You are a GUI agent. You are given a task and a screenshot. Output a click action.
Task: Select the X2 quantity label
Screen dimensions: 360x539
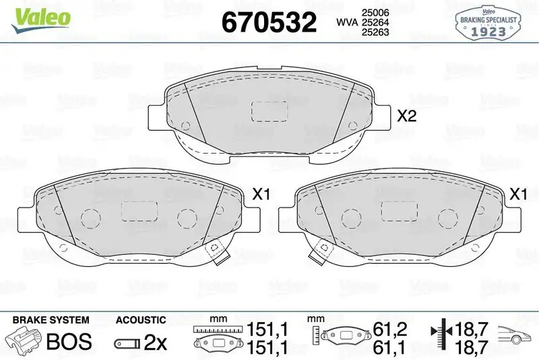click(406, 116)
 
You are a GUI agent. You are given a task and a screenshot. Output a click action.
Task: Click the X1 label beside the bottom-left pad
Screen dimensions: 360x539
click(260, 195)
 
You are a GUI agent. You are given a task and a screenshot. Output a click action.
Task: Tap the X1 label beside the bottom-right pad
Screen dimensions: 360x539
click(517, 195)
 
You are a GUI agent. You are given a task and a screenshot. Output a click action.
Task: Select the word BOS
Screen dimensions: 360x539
click(68, 341)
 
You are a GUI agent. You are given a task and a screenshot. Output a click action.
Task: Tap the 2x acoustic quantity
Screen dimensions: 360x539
click(156, 342)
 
